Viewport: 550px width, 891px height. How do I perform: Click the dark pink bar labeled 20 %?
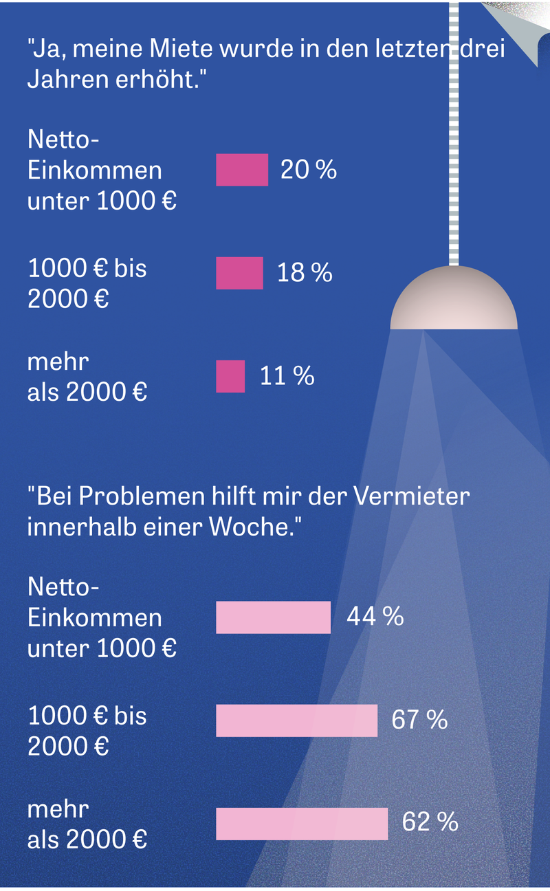242,170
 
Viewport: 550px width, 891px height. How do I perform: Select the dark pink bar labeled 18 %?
239,273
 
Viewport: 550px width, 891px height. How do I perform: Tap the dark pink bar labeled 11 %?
230,376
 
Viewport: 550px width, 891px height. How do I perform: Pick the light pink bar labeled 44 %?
273,617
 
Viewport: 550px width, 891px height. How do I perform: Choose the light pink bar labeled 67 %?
296,720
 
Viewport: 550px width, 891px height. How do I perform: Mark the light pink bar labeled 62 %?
302,823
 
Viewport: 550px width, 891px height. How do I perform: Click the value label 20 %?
309,170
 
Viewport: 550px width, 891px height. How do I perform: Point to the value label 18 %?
305,273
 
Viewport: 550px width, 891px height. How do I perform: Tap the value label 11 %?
287,376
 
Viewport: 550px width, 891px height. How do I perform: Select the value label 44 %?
375,617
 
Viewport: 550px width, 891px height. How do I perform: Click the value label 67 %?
419,720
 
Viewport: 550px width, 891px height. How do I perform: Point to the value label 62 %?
430,822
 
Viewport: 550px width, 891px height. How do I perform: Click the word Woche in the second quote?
258,528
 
